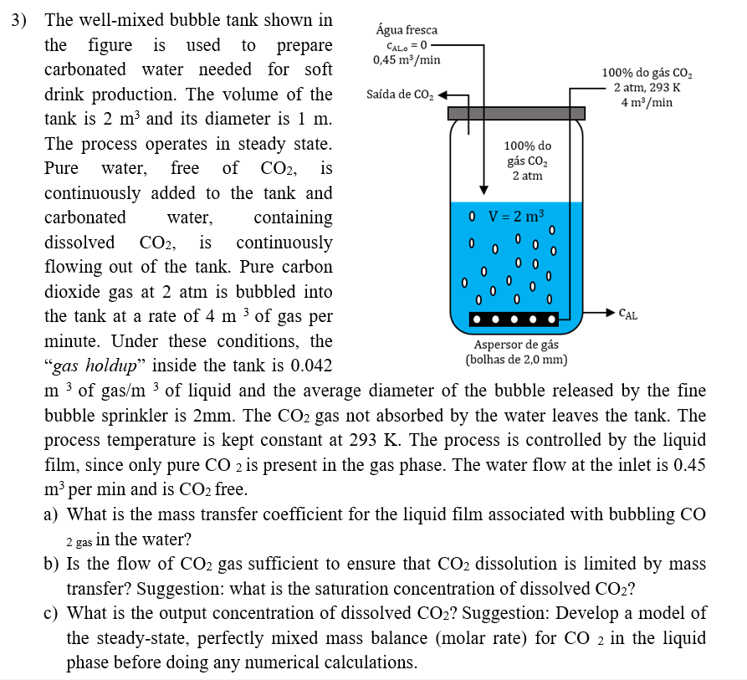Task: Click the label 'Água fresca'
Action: click(x=407, y=30)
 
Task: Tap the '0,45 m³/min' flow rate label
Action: click(x=407, y=59)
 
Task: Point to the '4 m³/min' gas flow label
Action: click(x=647, y=102)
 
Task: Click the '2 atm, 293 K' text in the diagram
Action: click(x=647, y=88)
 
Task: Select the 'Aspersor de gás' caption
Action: click(x=516, y=345)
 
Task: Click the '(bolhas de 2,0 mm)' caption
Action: click(x=516, y=360)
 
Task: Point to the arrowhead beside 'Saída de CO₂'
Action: click(x=443, y=95)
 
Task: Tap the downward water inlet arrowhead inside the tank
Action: click(x=483, y=188)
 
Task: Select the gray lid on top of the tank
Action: click(x=516, y=113)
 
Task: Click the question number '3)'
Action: click(x=19, y=19)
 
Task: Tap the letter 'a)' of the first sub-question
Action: click(x=51, y=515)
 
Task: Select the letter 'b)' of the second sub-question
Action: click(x=51, y=565)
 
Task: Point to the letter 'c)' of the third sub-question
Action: click(x=51, y=614)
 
